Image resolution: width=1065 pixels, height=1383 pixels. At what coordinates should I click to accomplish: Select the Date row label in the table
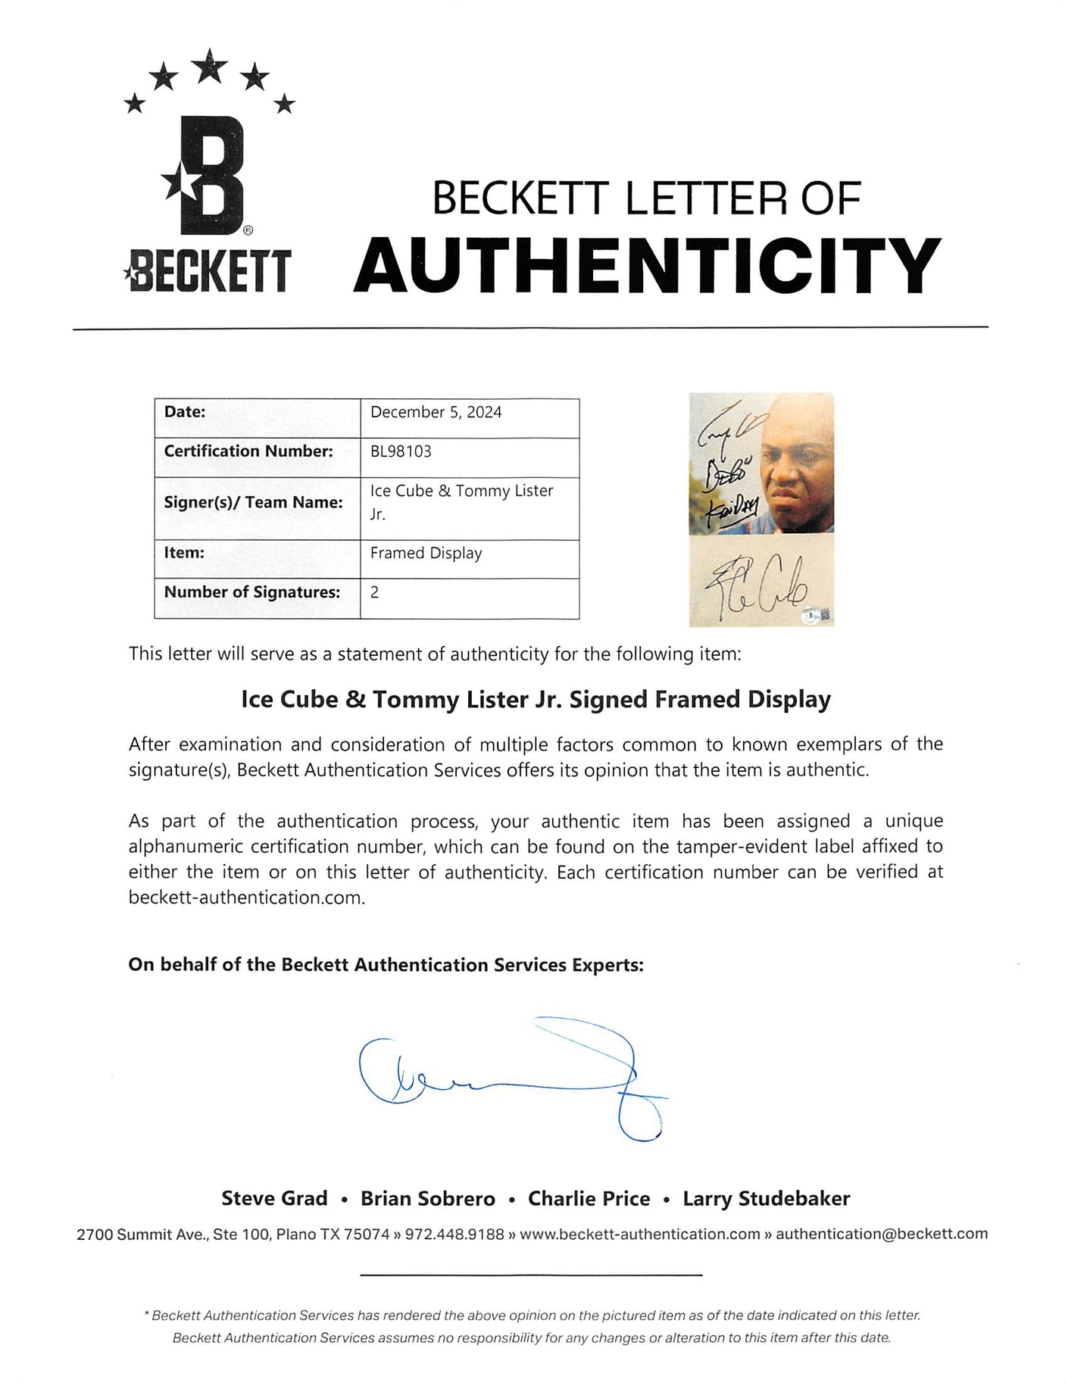(185, 412)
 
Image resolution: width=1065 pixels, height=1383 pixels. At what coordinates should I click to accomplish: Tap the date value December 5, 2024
(436, 412)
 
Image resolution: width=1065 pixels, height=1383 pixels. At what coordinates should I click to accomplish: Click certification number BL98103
(401, 451)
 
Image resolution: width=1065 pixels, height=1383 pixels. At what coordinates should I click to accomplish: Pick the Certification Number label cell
(248, 451)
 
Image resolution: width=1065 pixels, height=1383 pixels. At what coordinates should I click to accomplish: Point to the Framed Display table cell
(426, 553)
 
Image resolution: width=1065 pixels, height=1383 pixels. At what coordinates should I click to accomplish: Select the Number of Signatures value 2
(374, 592)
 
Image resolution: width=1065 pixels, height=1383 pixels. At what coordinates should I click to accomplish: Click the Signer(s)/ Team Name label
(253, 502)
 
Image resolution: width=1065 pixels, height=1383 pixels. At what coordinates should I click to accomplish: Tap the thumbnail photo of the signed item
(760, 509)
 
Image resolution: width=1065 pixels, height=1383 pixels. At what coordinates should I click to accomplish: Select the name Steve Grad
(274, 1198)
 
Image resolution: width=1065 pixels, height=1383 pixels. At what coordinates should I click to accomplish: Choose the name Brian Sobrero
(427, 1198)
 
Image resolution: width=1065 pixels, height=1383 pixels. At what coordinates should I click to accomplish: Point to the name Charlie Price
(589, 1198)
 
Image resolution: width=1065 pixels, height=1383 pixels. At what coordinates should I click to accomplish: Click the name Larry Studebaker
(766, 1198)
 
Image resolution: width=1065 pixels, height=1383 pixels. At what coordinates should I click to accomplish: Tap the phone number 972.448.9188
(454, 1234)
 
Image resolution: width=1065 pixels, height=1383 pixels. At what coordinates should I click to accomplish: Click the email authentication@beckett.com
(882, 1234)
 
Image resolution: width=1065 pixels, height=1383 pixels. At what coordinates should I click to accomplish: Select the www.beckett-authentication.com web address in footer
(640, 1234)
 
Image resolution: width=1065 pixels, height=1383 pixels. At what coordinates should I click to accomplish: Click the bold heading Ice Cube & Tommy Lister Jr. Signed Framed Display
(536, 699)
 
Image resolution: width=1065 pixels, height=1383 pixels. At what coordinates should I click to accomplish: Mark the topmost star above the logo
(210, 65)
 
